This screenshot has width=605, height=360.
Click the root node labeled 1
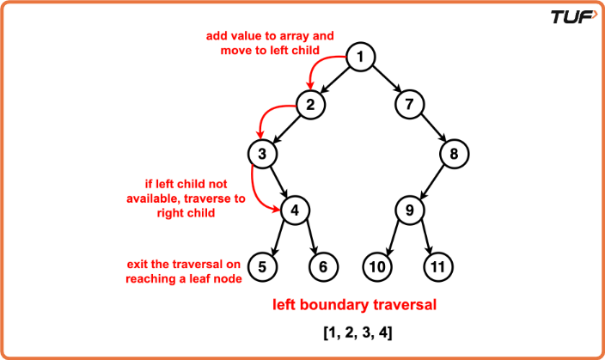360,57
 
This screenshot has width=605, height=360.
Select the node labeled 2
310,105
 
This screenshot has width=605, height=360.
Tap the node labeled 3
262,154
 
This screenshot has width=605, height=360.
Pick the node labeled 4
295,211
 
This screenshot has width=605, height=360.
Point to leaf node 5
262,266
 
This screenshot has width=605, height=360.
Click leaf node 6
323,266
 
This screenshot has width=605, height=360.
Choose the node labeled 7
409,104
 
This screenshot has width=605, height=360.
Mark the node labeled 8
454,154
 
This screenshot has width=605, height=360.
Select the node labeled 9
410,211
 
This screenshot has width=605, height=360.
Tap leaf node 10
377,266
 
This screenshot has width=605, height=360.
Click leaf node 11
438,266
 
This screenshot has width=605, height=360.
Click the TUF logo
574,17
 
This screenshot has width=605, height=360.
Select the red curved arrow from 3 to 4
254,193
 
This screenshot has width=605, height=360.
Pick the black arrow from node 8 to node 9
431,182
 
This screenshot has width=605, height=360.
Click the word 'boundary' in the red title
337,305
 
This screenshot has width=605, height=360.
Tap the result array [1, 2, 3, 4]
357,333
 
